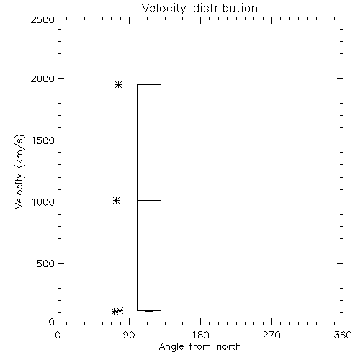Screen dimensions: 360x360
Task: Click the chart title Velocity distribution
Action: click(199, 9)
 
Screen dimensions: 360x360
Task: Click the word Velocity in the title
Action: click(163, 9)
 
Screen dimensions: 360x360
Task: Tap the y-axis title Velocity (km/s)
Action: click(19, 171)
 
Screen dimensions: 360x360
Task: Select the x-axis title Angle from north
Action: click(199, 347)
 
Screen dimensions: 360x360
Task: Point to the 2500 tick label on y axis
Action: click(42, 19)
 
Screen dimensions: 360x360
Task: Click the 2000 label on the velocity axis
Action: click(42, 79)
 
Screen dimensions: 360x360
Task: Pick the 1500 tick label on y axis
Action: click(43, 140)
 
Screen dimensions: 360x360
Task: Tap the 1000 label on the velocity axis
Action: click(43, 202)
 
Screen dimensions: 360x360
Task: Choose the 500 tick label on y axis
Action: click(46, 264)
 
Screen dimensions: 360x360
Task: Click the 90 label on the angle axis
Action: click(129, 335)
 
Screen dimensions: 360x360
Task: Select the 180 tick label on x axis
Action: click(200, 335)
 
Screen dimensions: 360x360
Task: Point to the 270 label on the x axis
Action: click(271, 335)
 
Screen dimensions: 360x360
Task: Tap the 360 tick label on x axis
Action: click(343, 335)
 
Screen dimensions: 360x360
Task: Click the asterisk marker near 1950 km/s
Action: click(118, 84)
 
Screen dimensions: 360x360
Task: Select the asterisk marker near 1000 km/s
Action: click(117, 200)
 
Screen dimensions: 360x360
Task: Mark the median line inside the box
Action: click(149, 200)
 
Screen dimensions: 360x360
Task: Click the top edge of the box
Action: click(149, 84)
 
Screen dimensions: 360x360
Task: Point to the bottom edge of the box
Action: click(149, 310)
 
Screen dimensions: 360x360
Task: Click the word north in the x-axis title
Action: click(229, 347)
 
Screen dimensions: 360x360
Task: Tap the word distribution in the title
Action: click(225, 8)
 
